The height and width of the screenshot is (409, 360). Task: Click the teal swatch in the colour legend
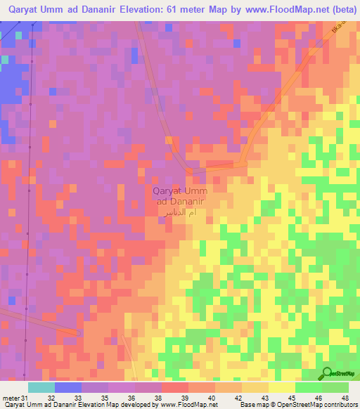pos(41,388)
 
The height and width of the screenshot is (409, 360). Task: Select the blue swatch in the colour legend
pos(67,388)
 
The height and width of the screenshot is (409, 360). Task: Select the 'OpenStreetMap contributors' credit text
pos(318,405)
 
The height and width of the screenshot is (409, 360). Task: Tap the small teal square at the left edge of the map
pos(4,59)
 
